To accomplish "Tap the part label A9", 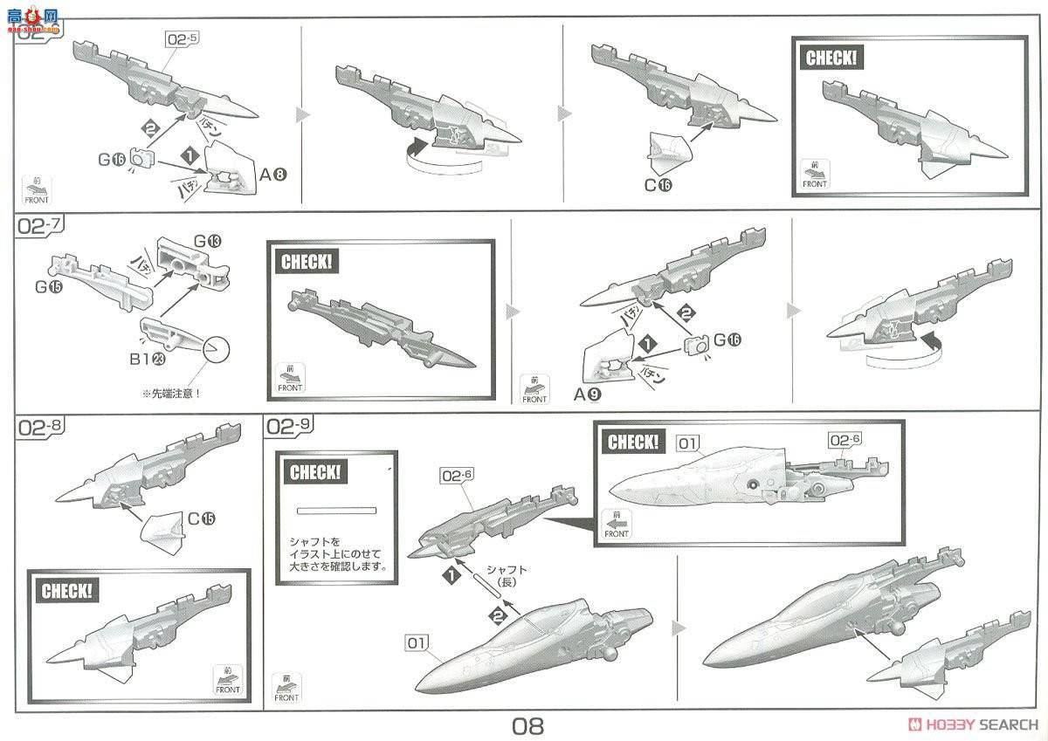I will (586, 394).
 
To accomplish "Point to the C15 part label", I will (201, 518).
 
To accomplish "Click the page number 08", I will (528, 725).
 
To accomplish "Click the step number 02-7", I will (38, 225).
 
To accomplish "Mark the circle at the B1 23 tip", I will (215, 350).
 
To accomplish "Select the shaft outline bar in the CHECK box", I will (335, 511).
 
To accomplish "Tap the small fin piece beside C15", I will (160, 527).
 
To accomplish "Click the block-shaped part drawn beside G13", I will (189, 264).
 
